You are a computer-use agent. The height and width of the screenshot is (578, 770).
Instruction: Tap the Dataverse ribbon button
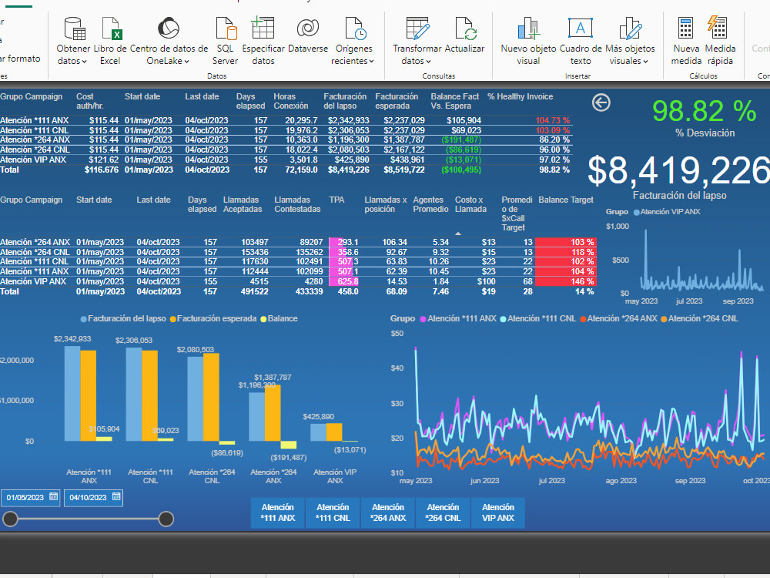pyautogui.click(x=308, y=39)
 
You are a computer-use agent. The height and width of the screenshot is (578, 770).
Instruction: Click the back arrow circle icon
pyautogui.click(x=601, y=102)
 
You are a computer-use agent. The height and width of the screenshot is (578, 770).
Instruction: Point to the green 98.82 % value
pyautogui.click(x=704, y=111)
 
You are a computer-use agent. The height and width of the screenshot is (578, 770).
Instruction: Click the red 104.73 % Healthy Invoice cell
pyautogui.click(x=553, y=120)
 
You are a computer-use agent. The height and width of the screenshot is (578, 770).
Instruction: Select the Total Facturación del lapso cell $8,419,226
pyautogui.click(x=348, y=170)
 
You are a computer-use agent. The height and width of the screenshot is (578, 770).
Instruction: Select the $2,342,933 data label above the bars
pyautogui.click(x=72, y=338)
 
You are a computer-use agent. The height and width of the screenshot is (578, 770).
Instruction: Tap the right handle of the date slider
pyautogui.click(x=166, y=519)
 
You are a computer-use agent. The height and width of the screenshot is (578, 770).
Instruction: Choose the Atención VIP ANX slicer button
pyautogui.click(x=498, y=512)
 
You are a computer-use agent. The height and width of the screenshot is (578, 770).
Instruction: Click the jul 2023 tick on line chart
pyautogui.click(x=551, y=480)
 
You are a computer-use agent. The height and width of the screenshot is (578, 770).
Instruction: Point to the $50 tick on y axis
pyautogui.click(x=397, y=333)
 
